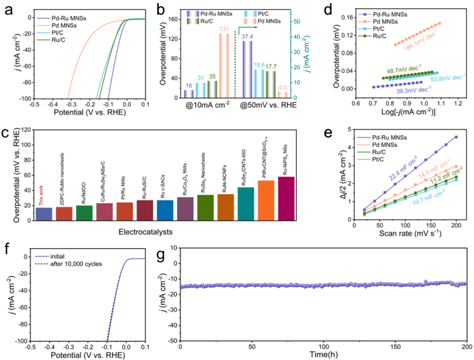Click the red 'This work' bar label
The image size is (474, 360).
pos(44,189)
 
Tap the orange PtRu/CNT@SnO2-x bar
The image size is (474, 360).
pos(265,201)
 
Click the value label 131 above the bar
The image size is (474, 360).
pos(224,29)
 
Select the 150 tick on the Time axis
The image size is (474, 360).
pos(395,346)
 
